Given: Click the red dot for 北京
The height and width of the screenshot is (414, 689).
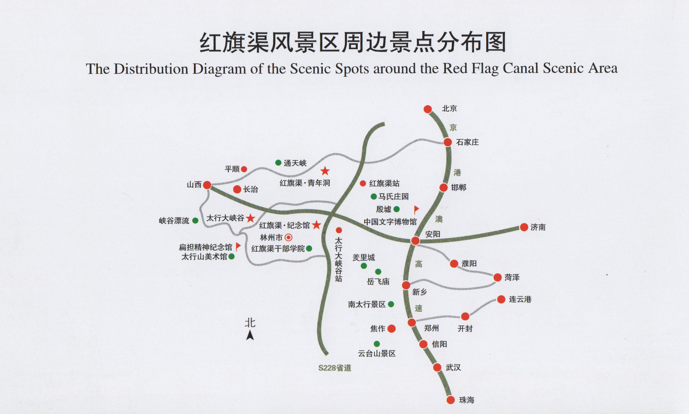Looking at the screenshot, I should [428, 109].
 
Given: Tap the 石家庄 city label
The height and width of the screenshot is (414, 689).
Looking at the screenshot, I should [468, 143].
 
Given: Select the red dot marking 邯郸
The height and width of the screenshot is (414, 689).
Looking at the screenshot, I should [443, 187].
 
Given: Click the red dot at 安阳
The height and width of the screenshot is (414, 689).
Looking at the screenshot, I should [415, 240].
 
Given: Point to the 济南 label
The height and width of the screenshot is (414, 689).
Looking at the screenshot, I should [538, 228].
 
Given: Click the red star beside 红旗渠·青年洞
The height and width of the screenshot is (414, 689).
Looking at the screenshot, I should [325, 171].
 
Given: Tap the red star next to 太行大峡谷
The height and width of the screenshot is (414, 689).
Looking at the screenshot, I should [251, 218].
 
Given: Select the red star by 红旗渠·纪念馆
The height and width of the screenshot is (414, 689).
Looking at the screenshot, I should [316, 225].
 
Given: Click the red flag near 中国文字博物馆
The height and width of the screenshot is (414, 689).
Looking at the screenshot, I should [416, 209].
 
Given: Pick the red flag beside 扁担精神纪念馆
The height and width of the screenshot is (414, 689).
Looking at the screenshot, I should [238, 246].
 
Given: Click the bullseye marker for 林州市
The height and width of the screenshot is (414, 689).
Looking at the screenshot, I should [289, 237].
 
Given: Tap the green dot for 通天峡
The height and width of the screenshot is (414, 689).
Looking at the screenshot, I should [278, 163].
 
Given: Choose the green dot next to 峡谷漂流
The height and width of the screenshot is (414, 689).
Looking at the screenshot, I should [195, 221].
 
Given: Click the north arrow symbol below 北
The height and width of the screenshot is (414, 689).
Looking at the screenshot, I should [250, 335].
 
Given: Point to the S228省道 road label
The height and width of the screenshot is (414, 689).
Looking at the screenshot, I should [335, 367].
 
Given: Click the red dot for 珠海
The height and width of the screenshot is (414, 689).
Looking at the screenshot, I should [451, 400].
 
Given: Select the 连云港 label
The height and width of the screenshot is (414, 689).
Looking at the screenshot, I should [520, 299].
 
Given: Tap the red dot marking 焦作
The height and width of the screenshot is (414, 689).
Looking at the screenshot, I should [391, 328].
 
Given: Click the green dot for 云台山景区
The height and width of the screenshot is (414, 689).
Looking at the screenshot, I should [376, 344].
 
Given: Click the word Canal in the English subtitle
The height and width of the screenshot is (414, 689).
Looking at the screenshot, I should [522, 68].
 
